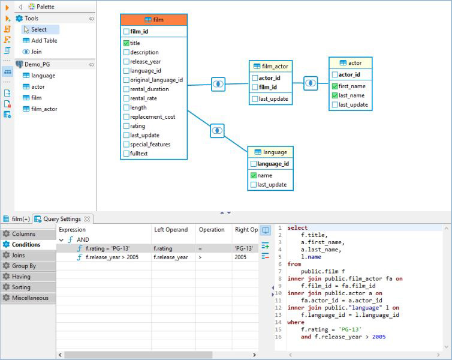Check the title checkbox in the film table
click(x=126, y=43)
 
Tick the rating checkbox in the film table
click(x=126, y=126)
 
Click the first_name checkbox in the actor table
click(x=335, y=86)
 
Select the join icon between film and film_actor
click(x=218, y=84)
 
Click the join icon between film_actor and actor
click(x=311, y=83)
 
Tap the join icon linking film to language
click(x=217, y=130)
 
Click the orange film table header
click(x=153, y=20)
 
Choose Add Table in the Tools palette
click(x=44, y=41)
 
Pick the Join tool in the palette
click(x=37, y=52)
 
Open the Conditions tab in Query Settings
click(x=26, y=245)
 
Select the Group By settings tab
click(x=24, y=266)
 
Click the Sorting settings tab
click(x=21, y=287)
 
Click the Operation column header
click(x=212, y=230)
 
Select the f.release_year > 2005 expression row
click(x=112, y=257)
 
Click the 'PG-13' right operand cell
click(x=244, y=248)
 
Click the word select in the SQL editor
click(x=297, y=228)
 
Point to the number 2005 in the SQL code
click(x=379, y=337)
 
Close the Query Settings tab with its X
click(x=87, y=219)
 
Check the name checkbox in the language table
click(x=254, y=175)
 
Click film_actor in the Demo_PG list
click(x=44, y=109)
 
